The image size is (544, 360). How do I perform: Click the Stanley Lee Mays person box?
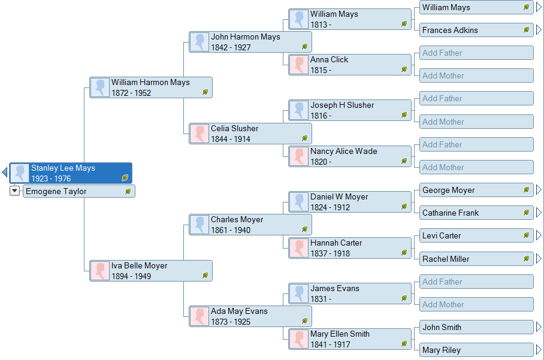click(71, 173)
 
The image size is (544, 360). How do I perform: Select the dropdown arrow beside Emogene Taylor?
click(16, 191)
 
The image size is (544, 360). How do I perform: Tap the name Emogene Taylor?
click(56, 192)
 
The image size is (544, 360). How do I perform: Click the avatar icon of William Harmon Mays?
click(100, 87)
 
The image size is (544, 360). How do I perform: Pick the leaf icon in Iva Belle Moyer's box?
click(205, 276)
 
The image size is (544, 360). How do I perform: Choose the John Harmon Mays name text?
click(245, 37)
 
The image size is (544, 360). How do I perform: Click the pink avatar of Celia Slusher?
click(200, 134)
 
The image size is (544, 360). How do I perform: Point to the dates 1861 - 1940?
click(231, 231)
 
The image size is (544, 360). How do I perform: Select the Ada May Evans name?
click(239, 311)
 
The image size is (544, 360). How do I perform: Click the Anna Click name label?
click(329, 60)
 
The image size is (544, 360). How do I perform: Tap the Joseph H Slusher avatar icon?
click(299, 111)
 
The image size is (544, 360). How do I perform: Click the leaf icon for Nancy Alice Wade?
click(404, 161)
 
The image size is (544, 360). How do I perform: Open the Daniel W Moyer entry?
click(350, 202)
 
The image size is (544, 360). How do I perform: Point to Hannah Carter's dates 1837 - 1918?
click(330, 254)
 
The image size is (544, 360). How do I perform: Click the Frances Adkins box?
click(476, 30)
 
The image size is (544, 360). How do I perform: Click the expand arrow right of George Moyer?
click(539, 190)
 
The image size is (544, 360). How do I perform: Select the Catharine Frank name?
click(451, 213)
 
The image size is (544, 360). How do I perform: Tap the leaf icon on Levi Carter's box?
click(527, 235)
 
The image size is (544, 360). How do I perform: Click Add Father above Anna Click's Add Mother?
click(476, 53)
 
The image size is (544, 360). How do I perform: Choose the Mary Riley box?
click(476, 350)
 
